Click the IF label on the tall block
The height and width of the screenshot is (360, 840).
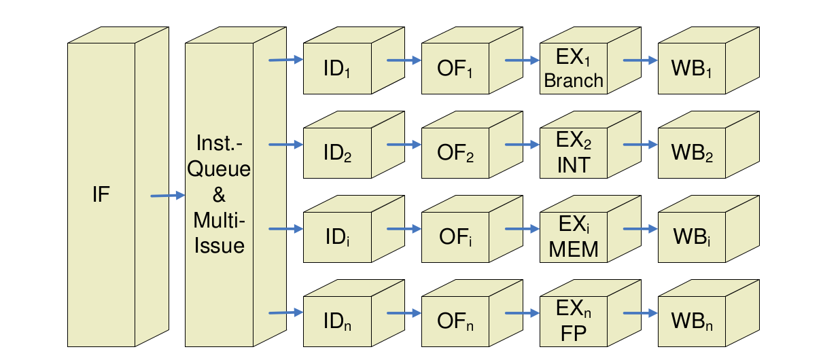tap(101, 196)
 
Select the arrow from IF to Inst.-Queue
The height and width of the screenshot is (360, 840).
tap(167, 196)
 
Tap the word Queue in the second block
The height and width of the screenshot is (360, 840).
tap(219, 169)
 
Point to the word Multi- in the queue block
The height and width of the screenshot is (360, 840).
tap(219, 221)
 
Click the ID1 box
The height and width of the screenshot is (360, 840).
tap(338, 69)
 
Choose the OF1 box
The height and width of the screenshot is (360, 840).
tap(455, 69)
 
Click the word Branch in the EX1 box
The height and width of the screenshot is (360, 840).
tap(574, 80)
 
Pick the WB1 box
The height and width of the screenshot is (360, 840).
tap(693, 69)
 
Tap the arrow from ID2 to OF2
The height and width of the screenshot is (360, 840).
tap(404, 145)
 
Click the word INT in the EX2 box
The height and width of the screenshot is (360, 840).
tap(574, 165)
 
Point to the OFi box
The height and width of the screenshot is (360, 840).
tap(455, 237)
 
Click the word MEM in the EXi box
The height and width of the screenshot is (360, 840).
tap(574, 249)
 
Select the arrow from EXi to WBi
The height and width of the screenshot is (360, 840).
tap(640, 229)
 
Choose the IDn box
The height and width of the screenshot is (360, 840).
tap(338, 321)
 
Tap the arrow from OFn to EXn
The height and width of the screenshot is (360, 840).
tap(521, 313)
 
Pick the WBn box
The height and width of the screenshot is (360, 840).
tap(693, 321)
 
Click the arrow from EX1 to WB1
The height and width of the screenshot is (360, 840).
tap(640, 60)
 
